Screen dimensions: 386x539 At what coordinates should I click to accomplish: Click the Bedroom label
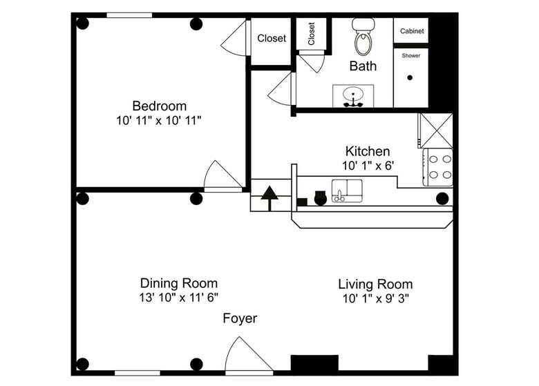160,106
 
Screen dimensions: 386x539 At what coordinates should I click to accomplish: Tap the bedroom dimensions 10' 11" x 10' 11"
160,120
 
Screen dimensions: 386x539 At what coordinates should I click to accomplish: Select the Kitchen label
368,151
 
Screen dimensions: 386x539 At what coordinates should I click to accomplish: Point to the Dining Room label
179,283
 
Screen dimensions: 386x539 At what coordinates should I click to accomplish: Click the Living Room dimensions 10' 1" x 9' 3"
375,298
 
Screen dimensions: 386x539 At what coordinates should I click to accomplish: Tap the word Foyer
240,318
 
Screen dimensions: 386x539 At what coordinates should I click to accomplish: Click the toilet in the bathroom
362,38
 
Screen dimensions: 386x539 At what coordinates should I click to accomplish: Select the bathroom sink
353,96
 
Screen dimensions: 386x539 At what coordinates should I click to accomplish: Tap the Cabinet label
413,31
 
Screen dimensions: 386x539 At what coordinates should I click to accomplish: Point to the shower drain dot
410,78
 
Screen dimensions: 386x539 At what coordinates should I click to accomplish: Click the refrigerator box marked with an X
435,130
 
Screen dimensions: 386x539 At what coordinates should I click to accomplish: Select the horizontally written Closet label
272,39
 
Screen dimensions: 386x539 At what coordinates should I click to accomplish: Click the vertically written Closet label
312,34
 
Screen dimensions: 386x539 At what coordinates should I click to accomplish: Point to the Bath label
363,66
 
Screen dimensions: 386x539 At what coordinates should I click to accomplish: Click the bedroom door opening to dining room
222,176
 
